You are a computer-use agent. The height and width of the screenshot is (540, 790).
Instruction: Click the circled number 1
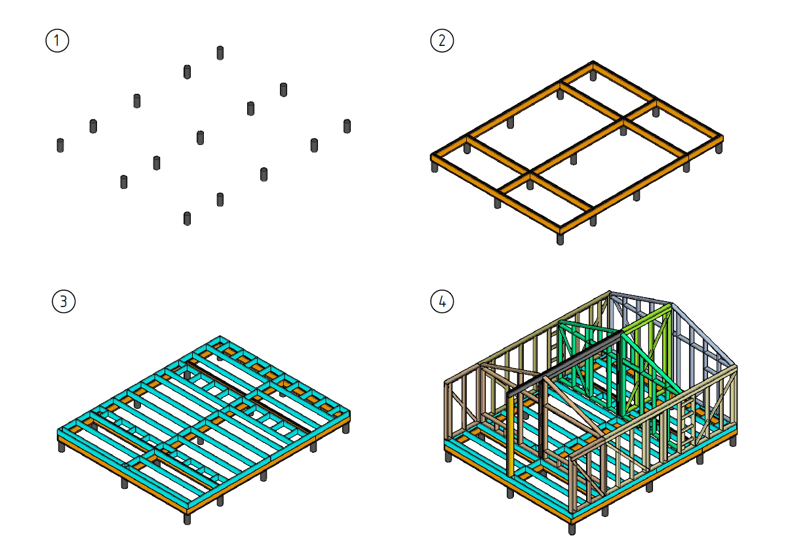click(57, 41)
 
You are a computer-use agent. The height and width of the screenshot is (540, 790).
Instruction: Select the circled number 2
click(442, 41)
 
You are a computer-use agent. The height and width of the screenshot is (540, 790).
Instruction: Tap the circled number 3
click(64, 301)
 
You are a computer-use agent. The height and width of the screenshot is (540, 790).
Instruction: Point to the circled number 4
click(442, 301)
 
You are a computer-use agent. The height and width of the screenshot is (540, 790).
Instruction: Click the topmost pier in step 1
click(220, 53)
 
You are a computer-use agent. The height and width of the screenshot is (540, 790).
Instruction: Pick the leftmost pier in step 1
click(60, 146)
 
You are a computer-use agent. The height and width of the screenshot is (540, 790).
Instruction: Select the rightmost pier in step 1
click(347, 127)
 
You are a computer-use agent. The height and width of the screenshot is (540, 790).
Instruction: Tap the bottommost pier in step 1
click(188, 218)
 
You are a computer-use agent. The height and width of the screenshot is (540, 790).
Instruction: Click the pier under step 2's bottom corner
click(560, 239)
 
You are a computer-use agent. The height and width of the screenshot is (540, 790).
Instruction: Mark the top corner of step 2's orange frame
click(593, 62)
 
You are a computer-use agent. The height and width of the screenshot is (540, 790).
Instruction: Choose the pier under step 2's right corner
click(719, 148)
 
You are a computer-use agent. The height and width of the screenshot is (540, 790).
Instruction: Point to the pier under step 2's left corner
click(435, 167)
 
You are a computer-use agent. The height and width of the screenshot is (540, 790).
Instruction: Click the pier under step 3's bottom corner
click(188, 519)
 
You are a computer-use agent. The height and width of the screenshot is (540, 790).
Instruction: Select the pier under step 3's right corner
click(346, 428)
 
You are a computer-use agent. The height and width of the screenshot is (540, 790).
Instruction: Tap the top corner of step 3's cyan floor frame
click(220, 337)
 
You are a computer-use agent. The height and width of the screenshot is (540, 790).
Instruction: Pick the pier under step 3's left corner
click(62, 447)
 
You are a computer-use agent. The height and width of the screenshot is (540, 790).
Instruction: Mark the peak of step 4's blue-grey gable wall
click(672, 304)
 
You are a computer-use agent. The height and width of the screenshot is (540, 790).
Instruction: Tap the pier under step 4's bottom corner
click(572, 529)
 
